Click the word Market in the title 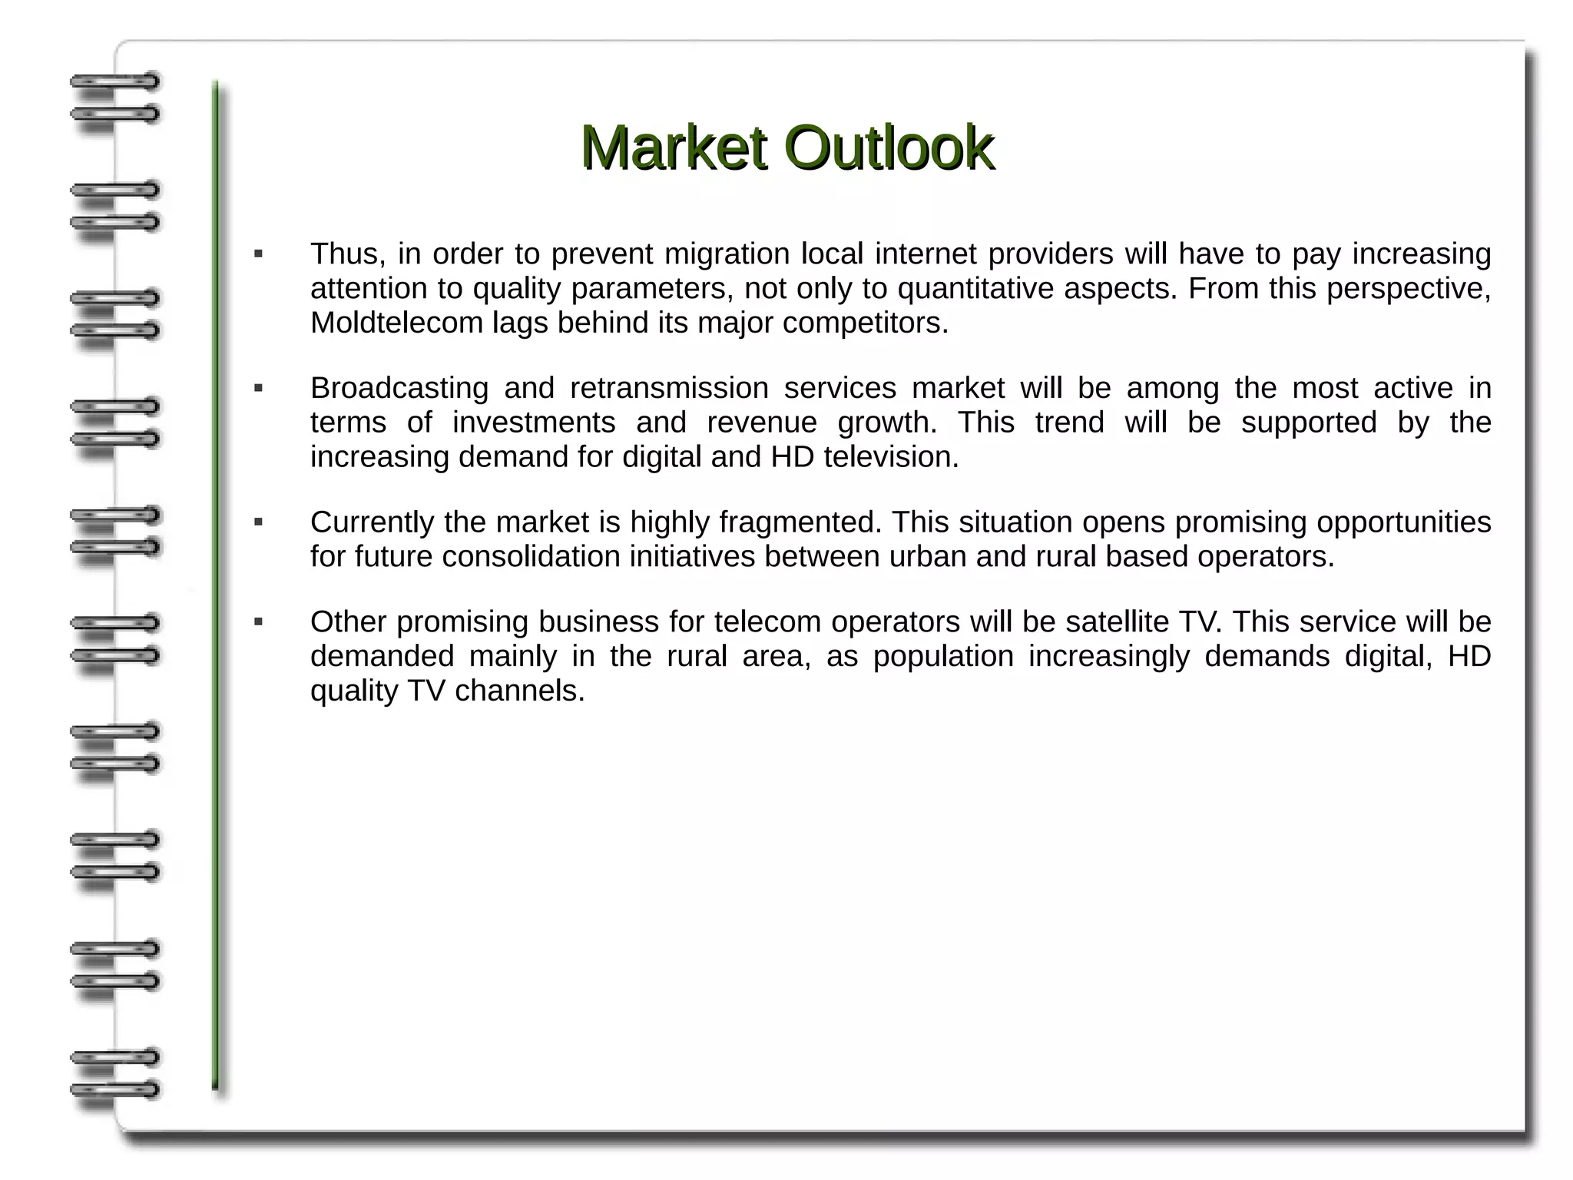coord(673,147)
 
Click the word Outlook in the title coord(889,147)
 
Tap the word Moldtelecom coord(396,323)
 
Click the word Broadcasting coord(399,388)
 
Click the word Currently coord(373,522)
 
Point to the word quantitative coord(975,289)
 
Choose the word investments coord(533,423)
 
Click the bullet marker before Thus coord(259,254)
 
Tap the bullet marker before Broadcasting coord(259,389)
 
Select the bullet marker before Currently coord(259,523)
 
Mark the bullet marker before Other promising coord(259,622)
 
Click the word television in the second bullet coord(890,457)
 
